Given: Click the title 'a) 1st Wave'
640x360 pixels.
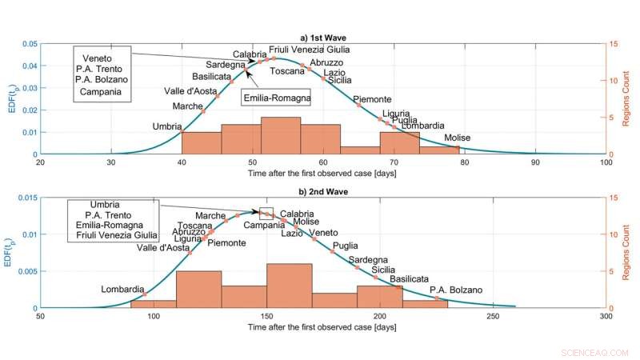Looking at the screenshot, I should [322, 38].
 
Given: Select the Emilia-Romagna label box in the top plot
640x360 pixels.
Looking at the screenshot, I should [276, 98].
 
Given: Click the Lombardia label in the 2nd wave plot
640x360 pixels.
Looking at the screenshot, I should [122, 289].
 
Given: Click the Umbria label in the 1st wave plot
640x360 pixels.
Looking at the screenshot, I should [166, 126].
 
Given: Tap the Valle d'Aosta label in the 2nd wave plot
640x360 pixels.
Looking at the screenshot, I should [163, 248].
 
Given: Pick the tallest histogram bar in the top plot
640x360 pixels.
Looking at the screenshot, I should [281, 135].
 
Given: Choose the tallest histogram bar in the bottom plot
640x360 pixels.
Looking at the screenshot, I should [289, 286].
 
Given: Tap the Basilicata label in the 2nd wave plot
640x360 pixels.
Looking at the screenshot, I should [409, 279].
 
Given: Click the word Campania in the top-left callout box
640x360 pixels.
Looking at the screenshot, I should [101, 92].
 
